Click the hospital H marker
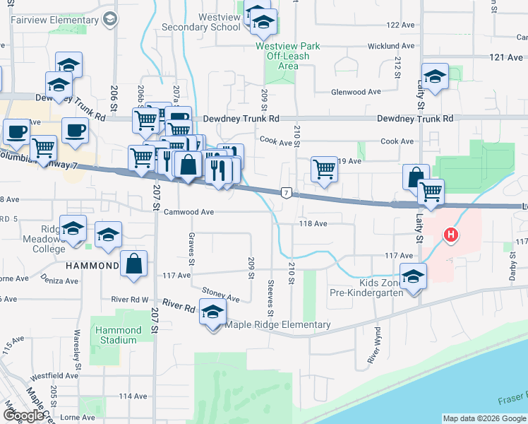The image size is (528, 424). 450,235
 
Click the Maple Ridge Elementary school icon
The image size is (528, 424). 212,312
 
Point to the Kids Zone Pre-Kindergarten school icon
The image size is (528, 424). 413,276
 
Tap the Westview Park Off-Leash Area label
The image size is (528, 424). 288,56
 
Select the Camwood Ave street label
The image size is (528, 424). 188,211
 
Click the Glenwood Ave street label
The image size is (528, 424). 359,92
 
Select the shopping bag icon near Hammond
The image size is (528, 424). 133,265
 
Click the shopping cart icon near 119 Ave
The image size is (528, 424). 324,170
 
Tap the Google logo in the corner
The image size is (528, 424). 23,416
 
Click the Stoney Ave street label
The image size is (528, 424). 222,294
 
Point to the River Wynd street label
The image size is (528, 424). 375,345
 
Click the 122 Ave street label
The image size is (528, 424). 400,25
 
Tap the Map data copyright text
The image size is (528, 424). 484,418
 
